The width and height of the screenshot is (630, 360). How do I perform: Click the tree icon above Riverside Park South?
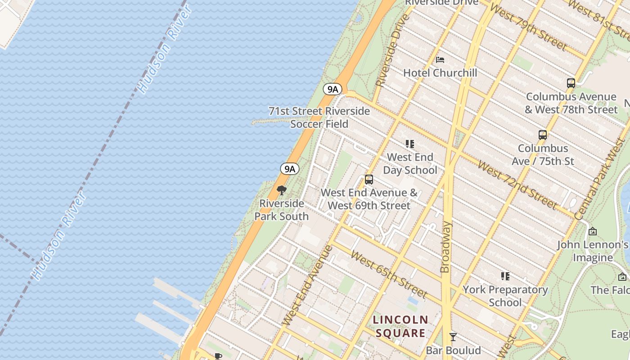(282, 190)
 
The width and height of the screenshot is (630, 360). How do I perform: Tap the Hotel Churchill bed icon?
(440, 60)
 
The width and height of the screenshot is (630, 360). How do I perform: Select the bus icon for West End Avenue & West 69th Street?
(369, 180)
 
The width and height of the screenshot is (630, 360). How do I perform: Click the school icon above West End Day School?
(409, 144)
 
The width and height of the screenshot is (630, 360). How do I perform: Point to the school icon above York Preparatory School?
(505, 276)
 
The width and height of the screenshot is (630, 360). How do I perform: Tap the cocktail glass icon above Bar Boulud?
(453, 337)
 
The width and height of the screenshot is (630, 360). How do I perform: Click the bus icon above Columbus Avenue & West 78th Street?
(571, 83)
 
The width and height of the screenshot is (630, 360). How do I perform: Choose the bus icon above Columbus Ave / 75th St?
(543, 135)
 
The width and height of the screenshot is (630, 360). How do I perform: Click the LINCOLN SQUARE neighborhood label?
(400, 326)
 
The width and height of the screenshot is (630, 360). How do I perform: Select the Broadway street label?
(445, 247)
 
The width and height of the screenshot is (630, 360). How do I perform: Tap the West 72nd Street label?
(517, 184)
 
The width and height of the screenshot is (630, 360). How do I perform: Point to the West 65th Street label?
(389, 274)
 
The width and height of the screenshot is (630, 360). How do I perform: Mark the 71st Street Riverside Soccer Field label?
(319, 117)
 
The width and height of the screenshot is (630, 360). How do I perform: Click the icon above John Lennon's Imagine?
(593, 231)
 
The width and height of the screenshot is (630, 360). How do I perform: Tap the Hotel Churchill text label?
(440, 73)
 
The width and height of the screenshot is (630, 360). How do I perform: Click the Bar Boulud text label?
(453, 350)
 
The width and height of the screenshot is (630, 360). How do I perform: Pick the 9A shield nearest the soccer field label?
(333, 89)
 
